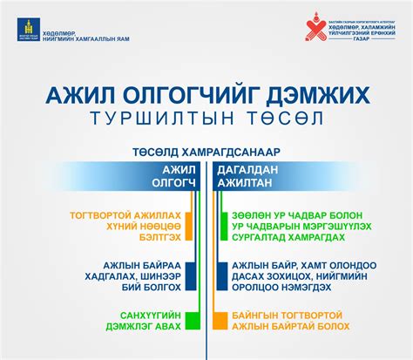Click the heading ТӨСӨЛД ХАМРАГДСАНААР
coord(206,150)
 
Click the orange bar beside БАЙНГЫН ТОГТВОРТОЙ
coord(224,320)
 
